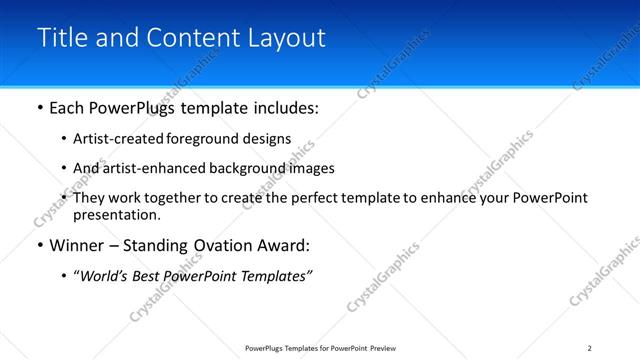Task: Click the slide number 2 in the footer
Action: [589, 348]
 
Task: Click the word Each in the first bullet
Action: [67, 105]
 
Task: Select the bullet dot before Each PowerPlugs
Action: [39, 105]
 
